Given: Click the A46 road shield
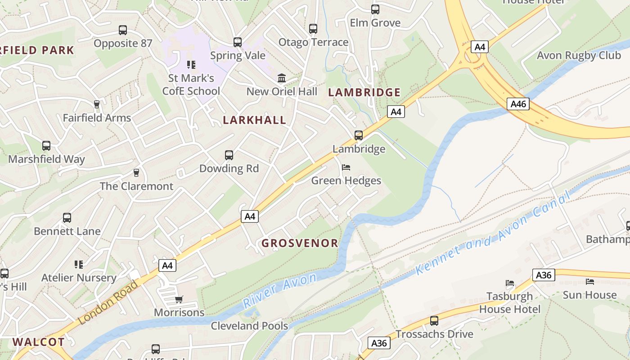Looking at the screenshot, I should [518, 104].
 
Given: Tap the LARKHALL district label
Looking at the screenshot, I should [255, 120].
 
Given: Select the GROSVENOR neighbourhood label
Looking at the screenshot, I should [300, 243].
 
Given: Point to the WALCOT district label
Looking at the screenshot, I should [38, 342].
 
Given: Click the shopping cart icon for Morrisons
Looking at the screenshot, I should [179, 299].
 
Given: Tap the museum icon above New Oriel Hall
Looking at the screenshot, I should [282, 78].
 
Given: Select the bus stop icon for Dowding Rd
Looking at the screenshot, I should [229, 155].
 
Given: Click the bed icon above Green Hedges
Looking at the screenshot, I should [346, 167].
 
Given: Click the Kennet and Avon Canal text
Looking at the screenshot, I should [493, 234].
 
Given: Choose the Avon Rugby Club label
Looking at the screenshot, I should [579, 55].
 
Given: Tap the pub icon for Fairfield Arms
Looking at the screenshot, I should [96, 104].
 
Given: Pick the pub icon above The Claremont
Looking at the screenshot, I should [136, 173].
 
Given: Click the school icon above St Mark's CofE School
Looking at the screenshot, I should [191, 65].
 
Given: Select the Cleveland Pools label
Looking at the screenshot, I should [249, 325].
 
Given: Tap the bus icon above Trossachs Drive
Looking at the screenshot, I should [434, 321].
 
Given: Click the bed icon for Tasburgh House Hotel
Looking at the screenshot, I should [510, 283].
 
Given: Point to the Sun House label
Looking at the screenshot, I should [589, 295].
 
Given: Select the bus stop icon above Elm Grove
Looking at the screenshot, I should [375, 9].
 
